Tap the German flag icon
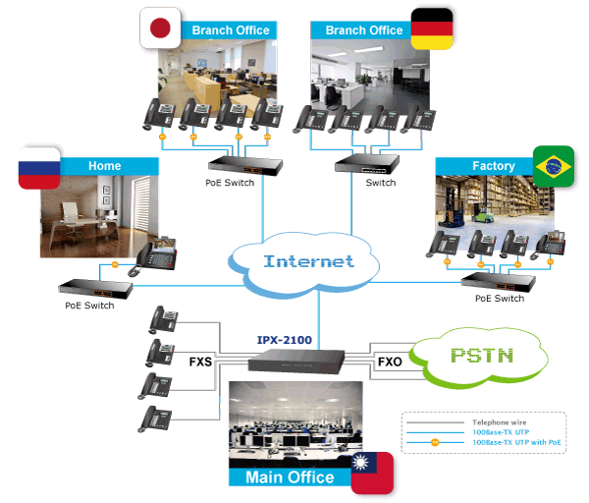pyautogui.click(x=431, y=28)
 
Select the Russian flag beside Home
pyautogui.click(x=38, y=167)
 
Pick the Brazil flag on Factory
pyautogui.click(x=553, y=166)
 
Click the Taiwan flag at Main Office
pyautogui.click(x=372, y=473)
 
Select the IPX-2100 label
pyautogui.click(x=284, y=340)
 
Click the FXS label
pyautogui.click(x=200, y=362)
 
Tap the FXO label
pyautogui.click(x=389, y=362)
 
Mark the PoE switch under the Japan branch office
pyautogui.click(x=233, y=165)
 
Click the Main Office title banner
pyautogui.click(x=290, y=477)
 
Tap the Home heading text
pyautogui.click(x=105, y=166)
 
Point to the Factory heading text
pyautogui.click(x=493, y=166)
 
